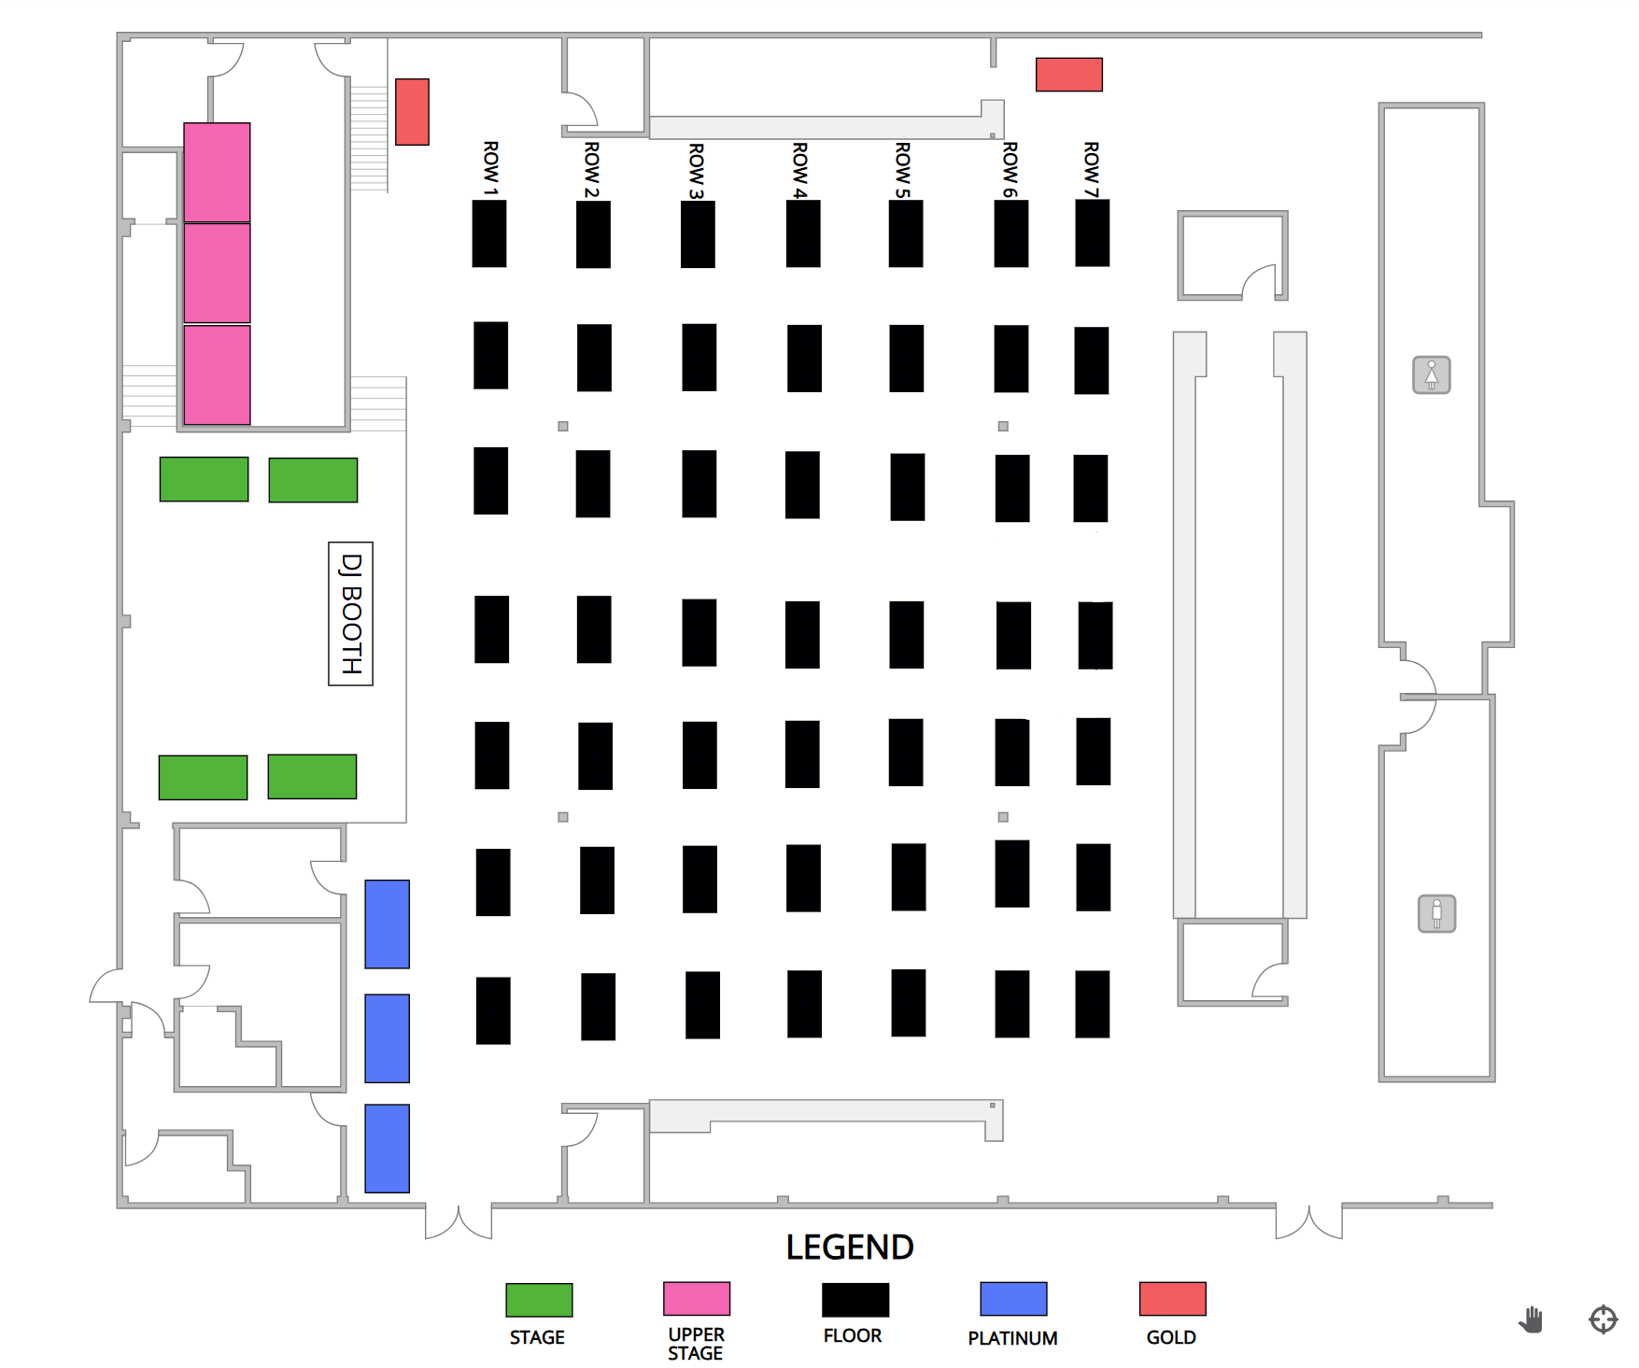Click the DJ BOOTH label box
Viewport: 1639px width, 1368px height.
pos(350,613)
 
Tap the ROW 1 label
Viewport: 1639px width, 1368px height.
pos(490,168)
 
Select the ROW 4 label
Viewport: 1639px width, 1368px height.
pos(799,170)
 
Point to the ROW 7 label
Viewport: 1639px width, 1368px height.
pos(1091,169)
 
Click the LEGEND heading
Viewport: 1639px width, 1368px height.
pos(849,1248)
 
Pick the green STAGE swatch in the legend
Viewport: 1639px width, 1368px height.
pos(539,1300)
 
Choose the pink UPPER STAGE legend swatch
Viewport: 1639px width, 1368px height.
pos(696,1299)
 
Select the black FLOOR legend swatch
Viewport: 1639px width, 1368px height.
pos(855,1300)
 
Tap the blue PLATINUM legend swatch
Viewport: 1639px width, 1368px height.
pos(1013,1299)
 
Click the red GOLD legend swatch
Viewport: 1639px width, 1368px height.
pos(1172,1299)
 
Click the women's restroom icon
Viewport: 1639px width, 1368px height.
pos(1431,375)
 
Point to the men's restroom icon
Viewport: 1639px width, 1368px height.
pos(1436,913)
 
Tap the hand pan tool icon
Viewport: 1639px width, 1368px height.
pos(1531,1319)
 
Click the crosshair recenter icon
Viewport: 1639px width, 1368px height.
pos(1603,1319)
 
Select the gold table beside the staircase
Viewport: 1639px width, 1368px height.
pos(412,112)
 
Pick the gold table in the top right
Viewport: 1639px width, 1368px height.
pos(1068,75)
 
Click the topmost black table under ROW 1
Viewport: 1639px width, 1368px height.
pos(489,233)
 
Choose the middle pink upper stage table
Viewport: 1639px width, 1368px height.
pos(217,273)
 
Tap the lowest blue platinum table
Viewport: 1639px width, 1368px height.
pos(387,1149)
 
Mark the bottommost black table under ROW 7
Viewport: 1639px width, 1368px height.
pos(1092,1005)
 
